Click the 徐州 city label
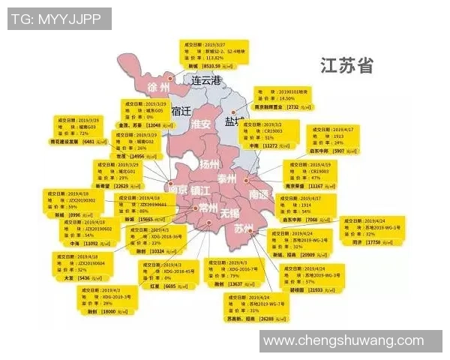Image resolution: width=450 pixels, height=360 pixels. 159,87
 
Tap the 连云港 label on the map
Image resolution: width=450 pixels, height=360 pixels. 207,80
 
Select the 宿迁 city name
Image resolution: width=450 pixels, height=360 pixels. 182,111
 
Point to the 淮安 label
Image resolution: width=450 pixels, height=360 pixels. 200,124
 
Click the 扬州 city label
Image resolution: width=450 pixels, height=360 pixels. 209,163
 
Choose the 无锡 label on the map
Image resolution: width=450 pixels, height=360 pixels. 230,213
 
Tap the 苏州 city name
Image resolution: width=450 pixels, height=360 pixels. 244,228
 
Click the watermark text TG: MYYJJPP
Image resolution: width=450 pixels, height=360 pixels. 57,19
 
